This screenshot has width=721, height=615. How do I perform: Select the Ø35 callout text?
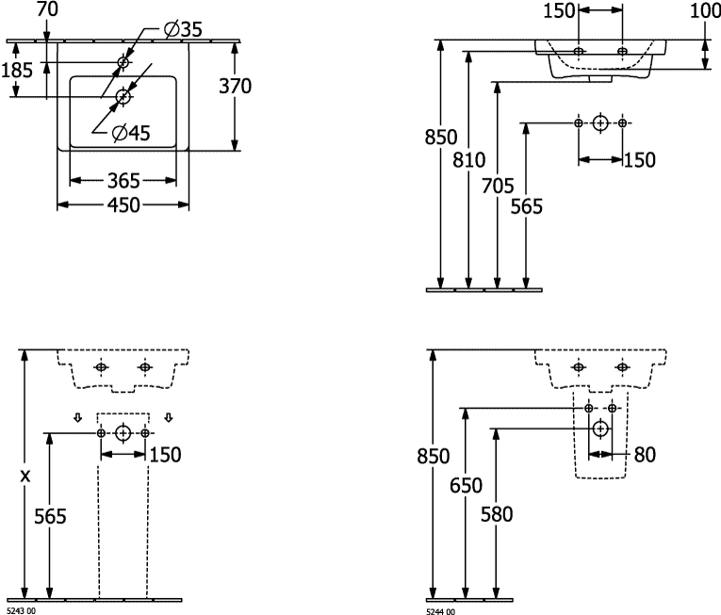180,29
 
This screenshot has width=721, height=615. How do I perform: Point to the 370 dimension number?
235,87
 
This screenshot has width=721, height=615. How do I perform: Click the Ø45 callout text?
131,134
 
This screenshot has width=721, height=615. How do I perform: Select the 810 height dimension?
469,159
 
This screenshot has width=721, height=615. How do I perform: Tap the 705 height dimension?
498,186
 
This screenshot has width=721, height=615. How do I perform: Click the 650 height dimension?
466,486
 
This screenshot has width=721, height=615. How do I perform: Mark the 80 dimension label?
644,455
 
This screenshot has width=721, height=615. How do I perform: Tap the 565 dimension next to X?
50,515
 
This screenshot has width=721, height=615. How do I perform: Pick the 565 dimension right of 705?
527,207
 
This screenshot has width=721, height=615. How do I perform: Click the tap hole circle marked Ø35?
123,65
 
